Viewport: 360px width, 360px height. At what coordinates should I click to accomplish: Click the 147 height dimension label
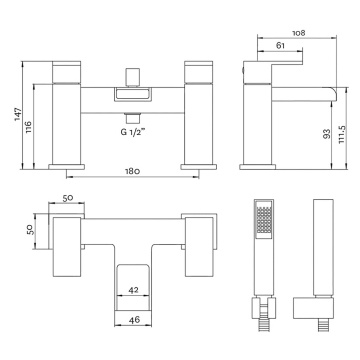coord(18,114)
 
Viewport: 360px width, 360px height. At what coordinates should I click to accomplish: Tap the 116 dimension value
coord(29,127)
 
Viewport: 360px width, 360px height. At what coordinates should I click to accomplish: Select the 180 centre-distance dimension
coord(132,172)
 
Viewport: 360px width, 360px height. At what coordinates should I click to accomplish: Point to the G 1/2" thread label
coord(133,132)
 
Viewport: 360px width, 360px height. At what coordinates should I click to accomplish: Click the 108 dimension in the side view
coord(299,33)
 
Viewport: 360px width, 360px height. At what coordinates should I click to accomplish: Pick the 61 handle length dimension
coord(281,46)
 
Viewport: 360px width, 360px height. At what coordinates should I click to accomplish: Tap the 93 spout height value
coord(327,134)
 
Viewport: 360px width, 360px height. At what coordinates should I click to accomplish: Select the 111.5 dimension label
coord(342,135)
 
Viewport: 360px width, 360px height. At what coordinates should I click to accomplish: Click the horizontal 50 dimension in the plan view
coord(68,198)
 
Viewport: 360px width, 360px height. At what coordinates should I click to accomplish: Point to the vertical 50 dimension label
coord(30,229)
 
